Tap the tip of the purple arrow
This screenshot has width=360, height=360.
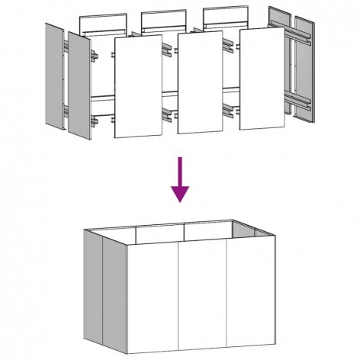(180, 201)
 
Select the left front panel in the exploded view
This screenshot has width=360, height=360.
(138, 86)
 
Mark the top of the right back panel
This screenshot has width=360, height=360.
(224, 14)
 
